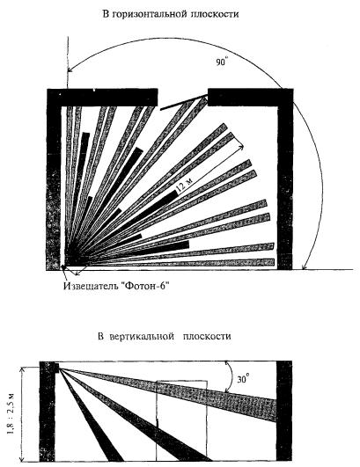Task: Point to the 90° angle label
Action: click(222, 62)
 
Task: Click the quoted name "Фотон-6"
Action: click(145, 286)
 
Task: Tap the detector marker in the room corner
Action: click(62, 267)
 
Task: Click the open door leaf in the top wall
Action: click(184, 102)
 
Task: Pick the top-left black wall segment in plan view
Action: click(102, 97)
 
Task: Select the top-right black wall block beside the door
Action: click(250, 97)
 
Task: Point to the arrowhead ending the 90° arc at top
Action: click(70, 69)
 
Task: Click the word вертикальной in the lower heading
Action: click(142, 336)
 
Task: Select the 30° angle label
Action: click(244, 379)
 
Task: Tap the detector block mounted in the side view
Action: click(56, 367)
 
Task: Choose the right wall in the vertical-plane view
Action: click(284, 411)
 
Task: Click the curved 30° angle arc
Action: click(231, 376)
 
